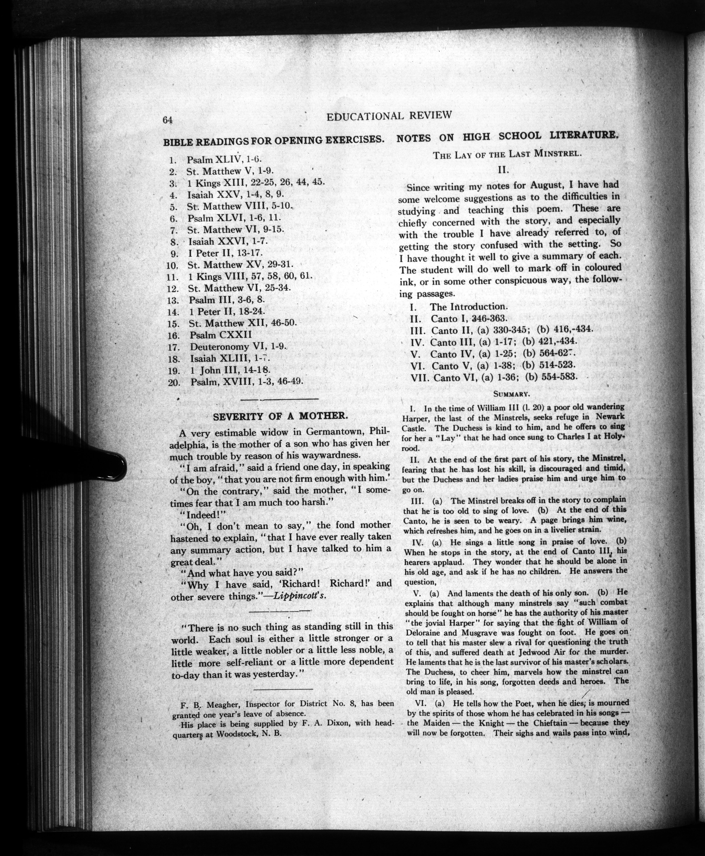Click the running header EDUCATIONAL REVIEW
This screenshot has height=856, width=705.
coord(389,116)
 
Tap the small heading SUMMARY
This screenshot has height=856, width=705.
coord(511,394)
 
